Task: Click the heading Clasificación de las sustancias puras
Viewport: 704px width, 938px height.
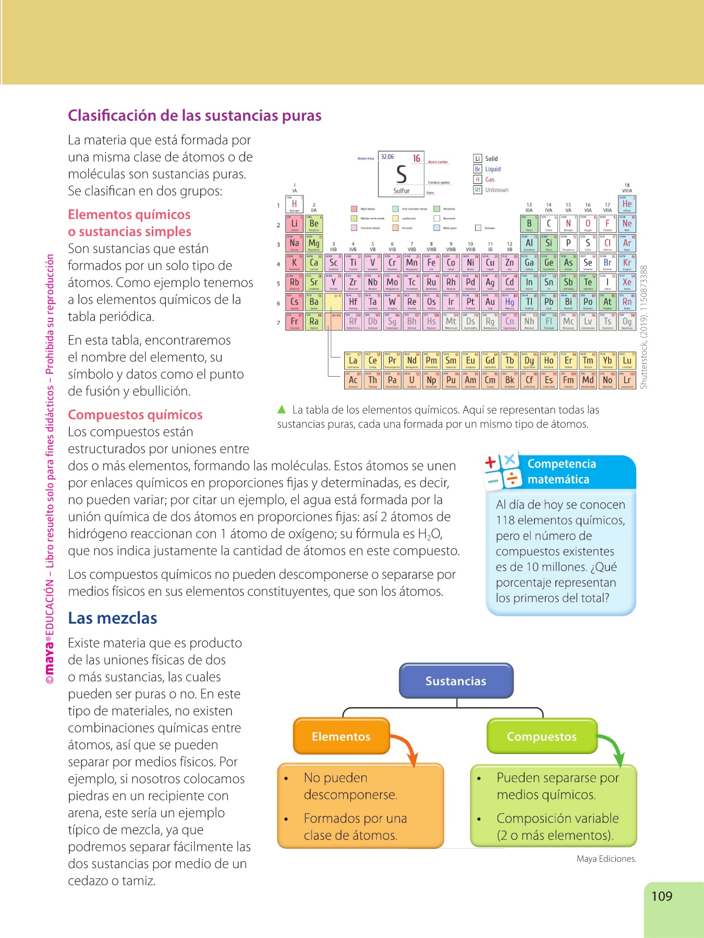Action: [x=195, y=115]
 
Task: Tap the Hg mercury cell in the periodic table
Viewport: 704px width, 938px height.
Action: [x=509, y=303]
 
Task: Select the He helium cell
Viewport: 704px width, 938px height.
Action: [x=627, y=205]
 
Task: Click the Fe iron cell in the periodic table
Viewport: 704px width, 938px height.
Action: [x=431, y=264]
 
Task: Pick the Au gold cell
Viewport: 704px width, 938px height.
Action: [x=490, y=303]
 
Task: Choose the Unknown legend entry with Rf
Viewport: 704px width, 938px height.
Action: [x=491, y=190]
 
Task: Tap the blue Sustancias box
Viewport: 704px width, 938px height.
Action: [x=456, y=681]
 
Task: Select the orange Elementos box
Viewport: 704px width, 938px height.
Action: [x=341, y=736]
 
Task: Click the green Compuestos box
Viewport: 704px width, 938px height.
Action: [x=541, y=736]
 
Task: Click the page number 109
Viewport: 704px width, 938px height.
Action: [x=662, y=896]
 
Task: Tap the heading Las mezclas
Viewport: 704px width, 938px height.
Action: [x=113, y=618]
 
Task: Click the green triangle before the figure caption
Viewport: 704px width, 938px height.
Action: [x=282, y=410]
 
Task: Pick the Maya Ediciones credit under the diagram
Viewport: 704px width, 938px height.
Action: [x=606, y=859]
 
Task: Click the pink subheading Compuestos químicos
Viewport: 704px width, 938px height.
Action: [x=135, y=415]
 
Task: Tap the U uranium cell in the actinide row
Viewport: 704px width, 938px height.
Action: [x=412, y=381]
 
